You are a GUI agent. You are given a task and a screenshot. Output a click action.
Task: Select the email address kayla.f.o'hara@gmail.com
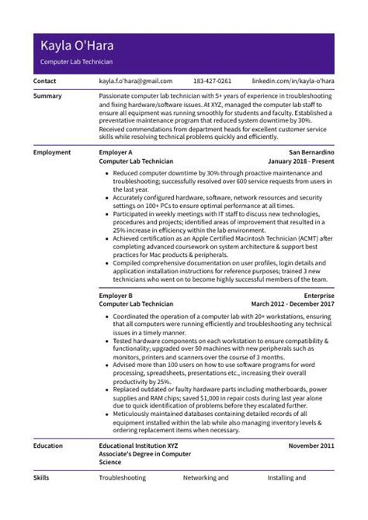click(135, 81)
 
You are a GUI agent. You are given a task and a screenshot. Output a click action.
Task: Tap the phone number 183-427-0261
click(212, 81)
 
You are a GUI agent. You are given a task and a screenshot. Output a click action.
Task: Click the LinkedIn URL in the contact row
click(295, 81)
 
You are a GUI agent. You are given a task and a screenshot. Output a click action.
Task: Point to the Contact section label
click(45, 81)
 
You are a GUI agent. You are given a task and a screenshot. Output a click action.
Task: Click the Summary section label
click(48, 95)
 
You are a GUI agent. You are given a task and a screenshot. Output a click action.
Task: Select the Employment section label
click(52, 153)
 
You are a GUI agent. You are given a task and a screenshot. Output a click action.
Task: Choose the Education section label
click(50, 446)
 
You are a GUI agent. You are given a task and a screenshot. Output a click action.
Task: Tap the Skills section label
click(42, 479)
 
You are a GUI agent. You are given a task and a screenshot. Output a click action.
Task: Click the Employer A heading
click(116, 153)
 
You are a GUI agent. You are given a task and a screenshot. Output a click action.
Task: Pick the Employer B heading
click(116, 296)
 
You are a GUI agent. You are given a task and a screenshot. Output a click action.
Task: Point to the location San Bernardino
click(311, 153)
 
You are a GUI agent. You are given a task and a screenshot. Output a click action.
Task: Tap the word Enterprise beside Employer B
click(318, 296)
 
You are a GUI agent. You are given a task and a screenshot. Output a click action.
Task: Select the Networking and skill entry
click(206, 479)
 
